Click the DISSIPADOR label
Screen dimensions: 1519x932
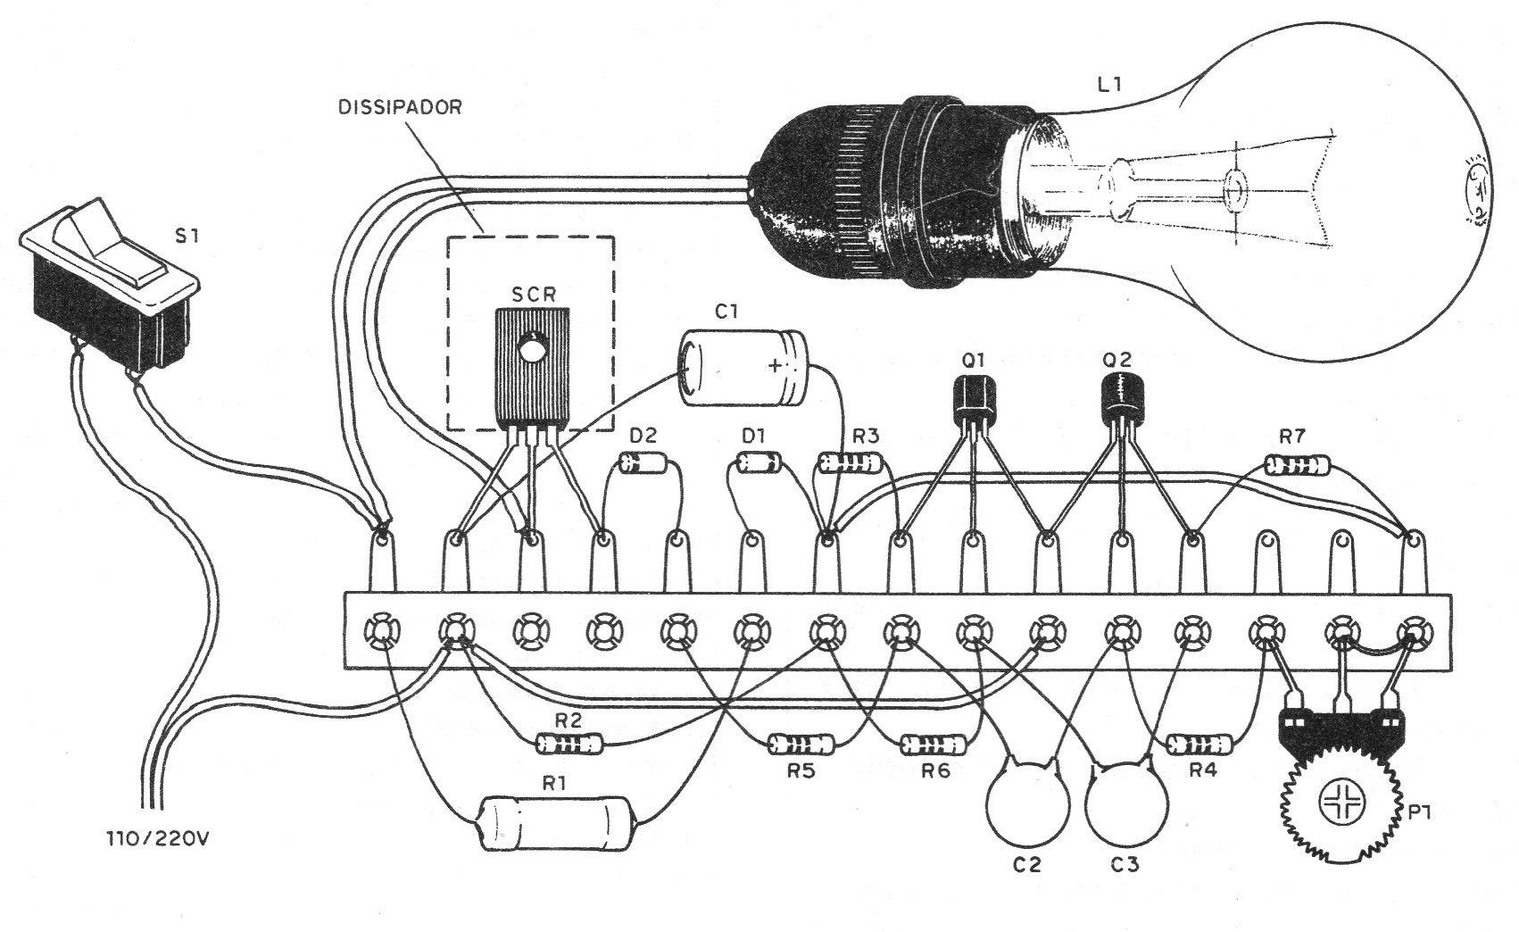pos(400,107)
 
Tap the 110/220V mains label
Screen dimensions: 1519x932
pos(157,839)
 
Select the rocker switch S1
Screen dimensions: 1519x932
pos(109,285)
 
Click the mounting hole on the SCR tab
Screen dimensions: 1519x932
pos(532,349)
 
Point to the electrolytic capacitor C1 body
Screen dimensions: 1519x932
pos(743,368)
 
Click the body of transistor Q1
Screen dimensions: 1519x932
pos(975,401)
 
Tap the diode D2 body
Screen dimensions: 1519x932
pos(643,463)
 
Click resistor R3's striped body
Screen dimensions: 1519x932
pos(851,463)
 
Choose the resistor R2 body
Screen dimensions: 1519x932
pos(569,745)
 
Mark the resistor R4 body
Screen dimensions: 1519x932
pos(1199,745)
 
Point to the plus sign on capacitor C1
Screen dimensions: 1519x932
pos(775,366)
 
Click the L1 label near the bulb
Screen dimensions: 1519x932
pos(1109,85)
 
